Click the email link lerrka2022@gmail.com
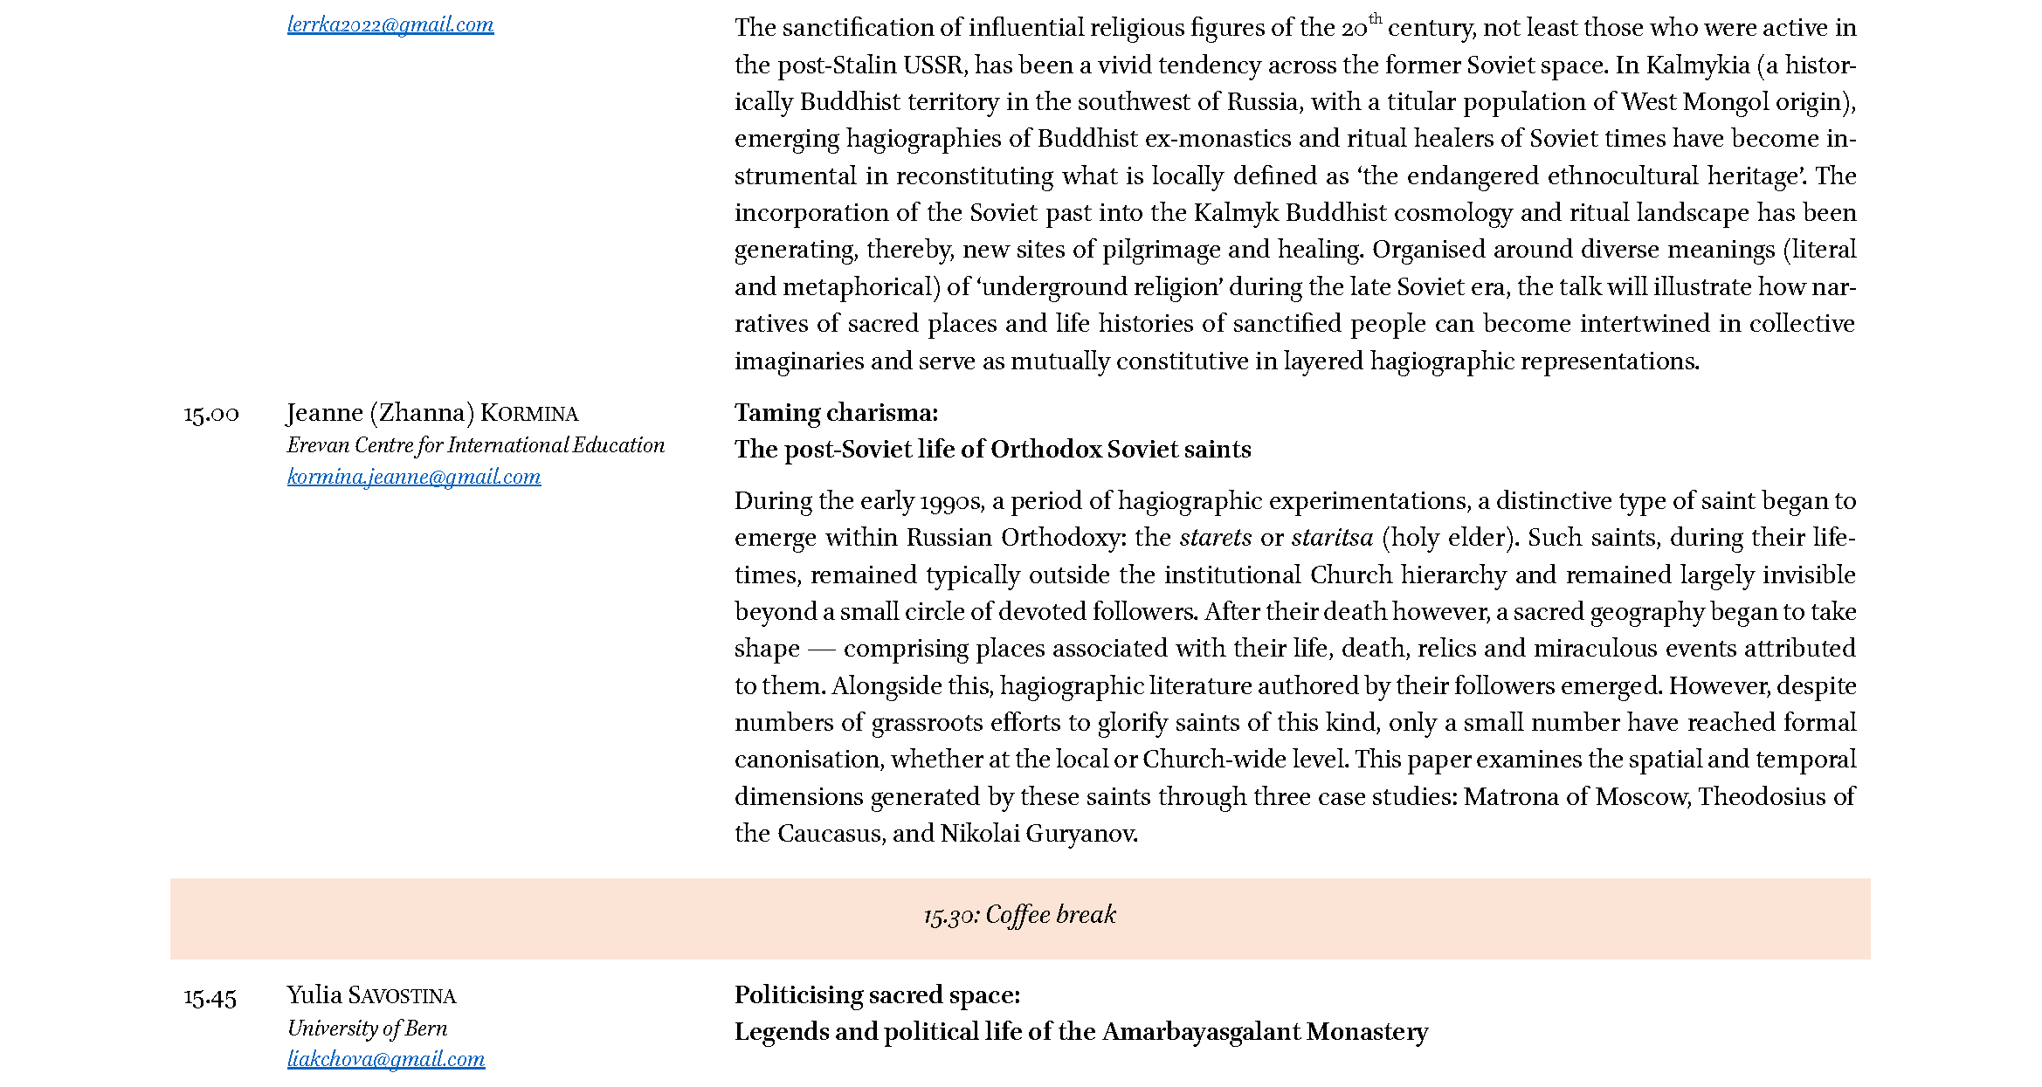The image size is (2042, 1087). click(x=390, y=25)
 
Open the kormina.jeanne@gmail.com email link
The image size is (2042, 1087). click(x=414, y=477)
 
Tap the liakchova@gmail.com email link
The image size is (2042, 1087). click(x=386, y=1059)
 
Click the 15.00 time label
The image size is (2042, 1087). click(x=211, y=414)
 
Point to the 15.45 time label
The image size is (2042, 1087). click(x=210, y=997)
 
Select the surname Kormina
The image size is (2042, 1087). click(x=529, y=414)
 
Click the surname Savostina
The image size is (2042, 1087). click(x=402, y=996)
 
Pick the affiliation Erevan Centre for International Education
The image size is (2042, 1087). click(x=476, y=445)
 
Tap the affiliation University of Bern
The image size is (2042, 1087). click(x=367, y=1029)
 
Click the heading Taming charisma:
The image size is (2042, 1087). click(x=836, y=413)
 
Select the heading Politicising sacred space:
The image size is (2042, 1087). click(x=877, y=995)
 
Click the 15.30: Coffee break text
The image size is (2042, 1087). click(x=1019, y=915)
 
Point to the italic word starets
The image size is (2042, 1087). click(x=1215, y=538)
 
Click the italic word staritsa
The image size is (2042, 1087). click(x=1332, y=538)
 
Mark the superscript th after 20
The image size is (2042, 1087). click(x=1376, y=18)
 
